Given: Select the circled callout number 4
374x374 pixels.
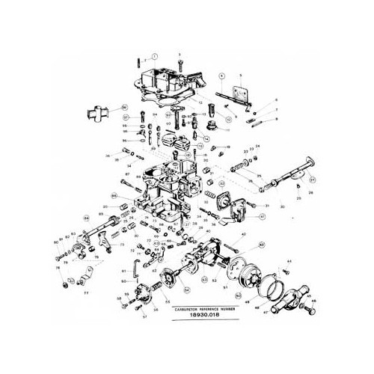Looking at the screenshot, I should point(222,76).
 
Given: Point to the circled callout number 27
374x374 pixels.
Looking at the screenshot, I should point(312,179).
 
